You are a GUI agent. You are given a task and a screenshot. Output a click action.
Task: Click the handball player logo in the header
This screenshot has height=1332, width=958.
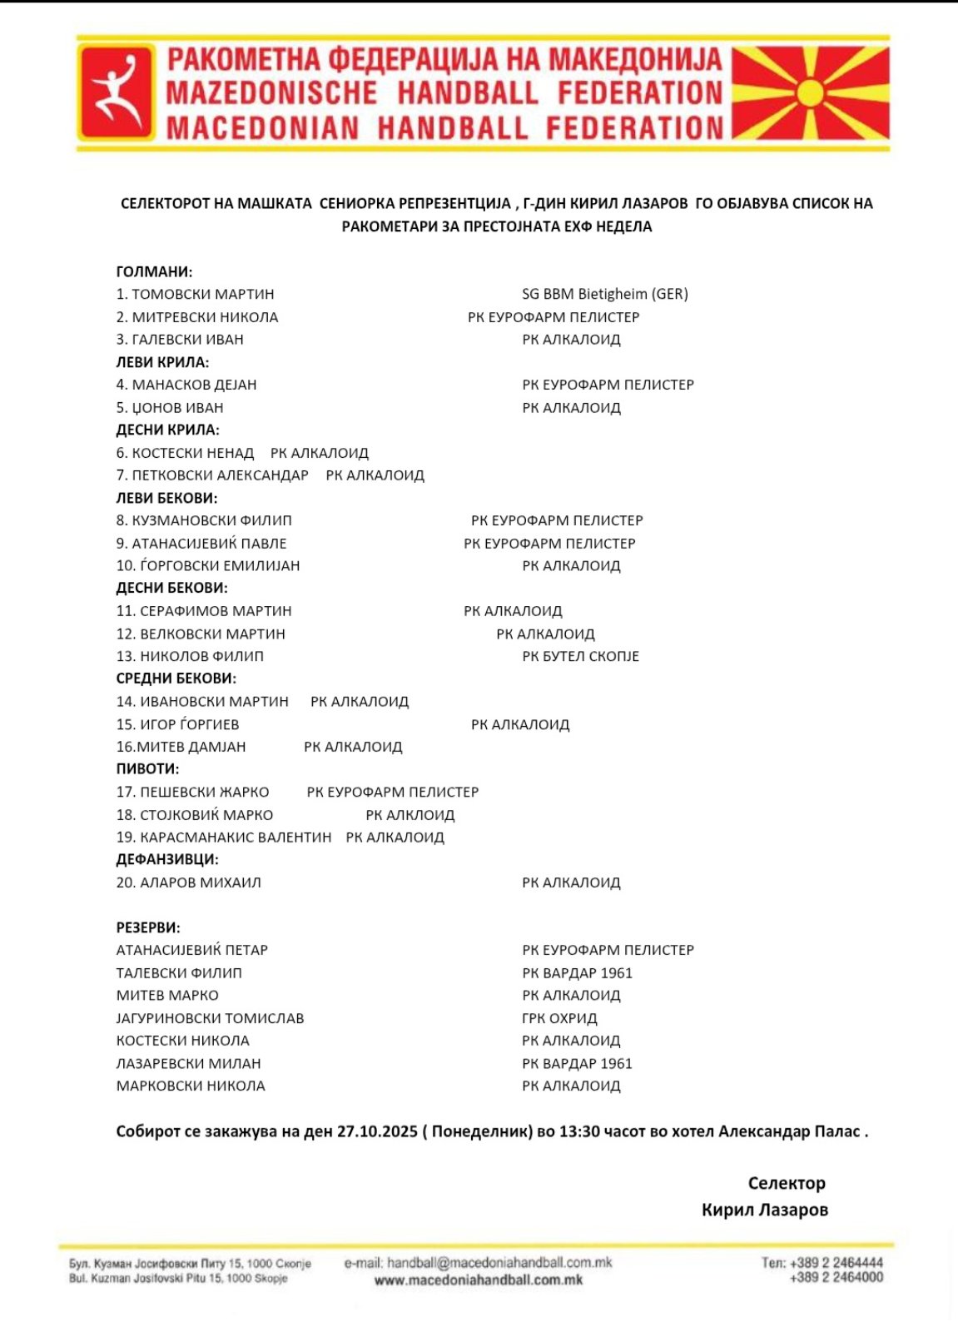click(117, 92)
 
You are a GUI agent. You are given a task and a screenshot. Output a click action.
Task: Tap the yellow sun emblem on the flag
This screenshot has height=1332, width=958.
click(809, 92)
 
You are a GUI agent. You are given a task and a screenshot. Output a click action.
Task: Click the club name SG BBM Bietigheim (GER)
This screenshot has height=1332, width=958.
click(604, 294)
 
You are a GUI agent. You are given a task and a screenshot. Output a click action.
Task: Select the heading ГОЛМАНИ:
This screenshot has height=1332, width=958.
click(154, 271)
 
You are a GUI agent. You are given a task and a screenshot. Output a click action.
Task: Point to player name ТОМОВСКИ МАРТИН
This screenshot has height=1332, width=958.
click(202, 294)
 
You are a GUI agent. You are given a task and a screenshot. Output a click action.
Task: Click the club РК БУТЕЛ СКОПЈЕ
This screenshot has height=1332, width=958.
click(580, 656)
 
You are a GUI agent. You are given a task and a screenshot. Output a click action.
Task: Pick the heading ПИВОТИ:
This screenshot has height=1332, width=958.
click(147, 769)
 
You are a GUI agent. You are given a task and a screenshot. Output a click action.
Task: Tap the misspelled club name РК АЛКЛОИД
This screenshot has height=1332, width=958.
click(410, 815)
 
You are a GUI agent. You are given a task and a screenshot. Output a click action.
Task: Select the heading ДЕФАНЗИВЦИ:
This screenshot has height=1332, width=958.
click(167, 860)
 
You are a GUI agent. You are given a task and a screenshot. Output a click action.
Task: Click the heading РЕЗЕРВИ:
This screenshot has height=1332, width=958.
click(148, 927)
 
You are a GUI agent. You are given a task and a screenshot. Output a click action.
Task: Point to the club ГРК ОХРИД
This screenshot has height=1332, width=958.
click(559, 1018)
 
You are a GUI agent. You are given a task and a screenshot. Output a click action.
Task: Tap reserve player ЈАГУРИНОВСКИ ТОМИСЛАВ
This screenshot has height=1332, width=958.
click(210, 1018)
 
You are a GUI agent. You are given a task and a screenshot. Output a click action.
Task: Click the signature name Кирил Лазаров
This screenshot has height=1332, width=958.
click(764, 1210)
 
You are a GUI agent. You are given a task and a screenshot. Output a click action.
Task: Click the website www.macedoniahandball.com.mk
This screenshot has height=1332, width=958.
click(479, 1280)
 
